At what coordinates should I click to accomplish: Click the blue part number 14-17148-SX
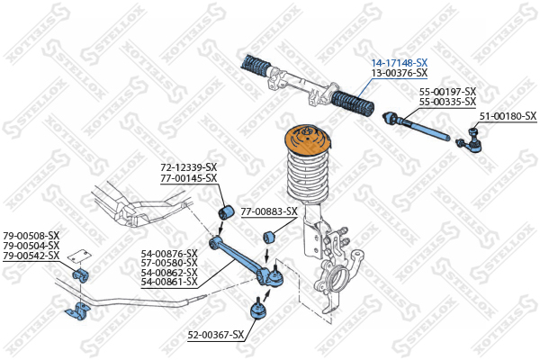[x=399, y=63]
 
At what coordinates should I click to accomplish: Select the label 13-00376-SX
[x=399, y=73]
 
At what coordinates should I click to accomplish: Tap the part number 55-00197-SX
[x=447, y=92]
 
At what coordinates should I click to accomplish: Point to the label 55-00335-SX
[x=447, y=102]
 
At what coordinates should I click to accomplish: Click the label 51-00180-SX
[x=508, y=116]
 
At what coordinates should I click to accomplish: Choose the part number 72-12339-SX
[x=189, y=167]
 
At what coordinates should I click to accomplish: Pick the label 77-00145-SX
[x=189, y=178]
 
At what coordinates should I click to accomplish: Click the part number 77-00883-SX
[x=269, y=211]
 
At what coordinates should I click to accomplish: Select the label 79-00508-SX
[x=31, y=236]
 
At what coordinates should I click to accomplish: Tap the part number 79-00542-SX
[x=31, y=256]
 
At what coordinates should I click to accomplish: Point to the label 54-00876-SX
[x=169, y=254]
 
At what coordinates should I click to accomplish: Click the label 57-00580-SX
[x=169, y=263]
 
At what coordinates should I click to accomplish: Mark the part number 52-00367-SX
[x=216, y=335]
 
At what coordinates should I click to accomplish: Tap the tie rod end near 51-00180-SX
[x=469, y=141]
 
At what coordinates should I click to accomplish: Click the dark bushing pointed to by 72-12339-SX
[x=226, y=212]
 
